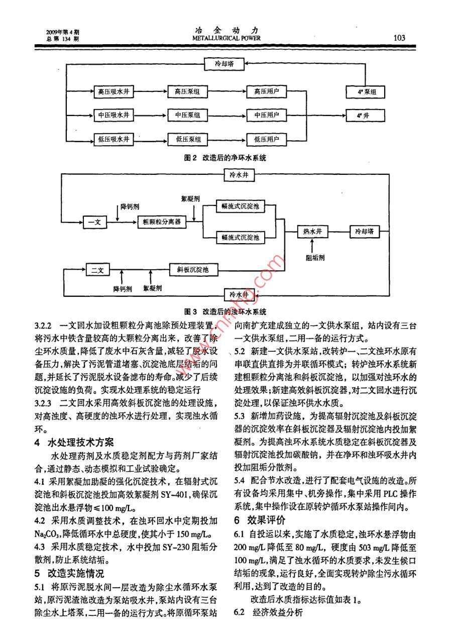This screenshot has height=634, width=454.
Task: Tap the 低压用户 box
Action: [266, 139]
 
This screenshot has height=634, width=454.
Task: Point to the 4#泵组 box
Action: [367, 92]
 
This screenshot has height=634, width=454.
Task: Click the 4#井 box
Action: [367, 116]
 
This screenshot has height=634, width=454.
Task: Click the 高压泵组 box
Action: [187, 92]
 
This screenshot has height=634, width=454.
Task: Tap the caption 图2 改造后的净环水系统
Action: [224, 158]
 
